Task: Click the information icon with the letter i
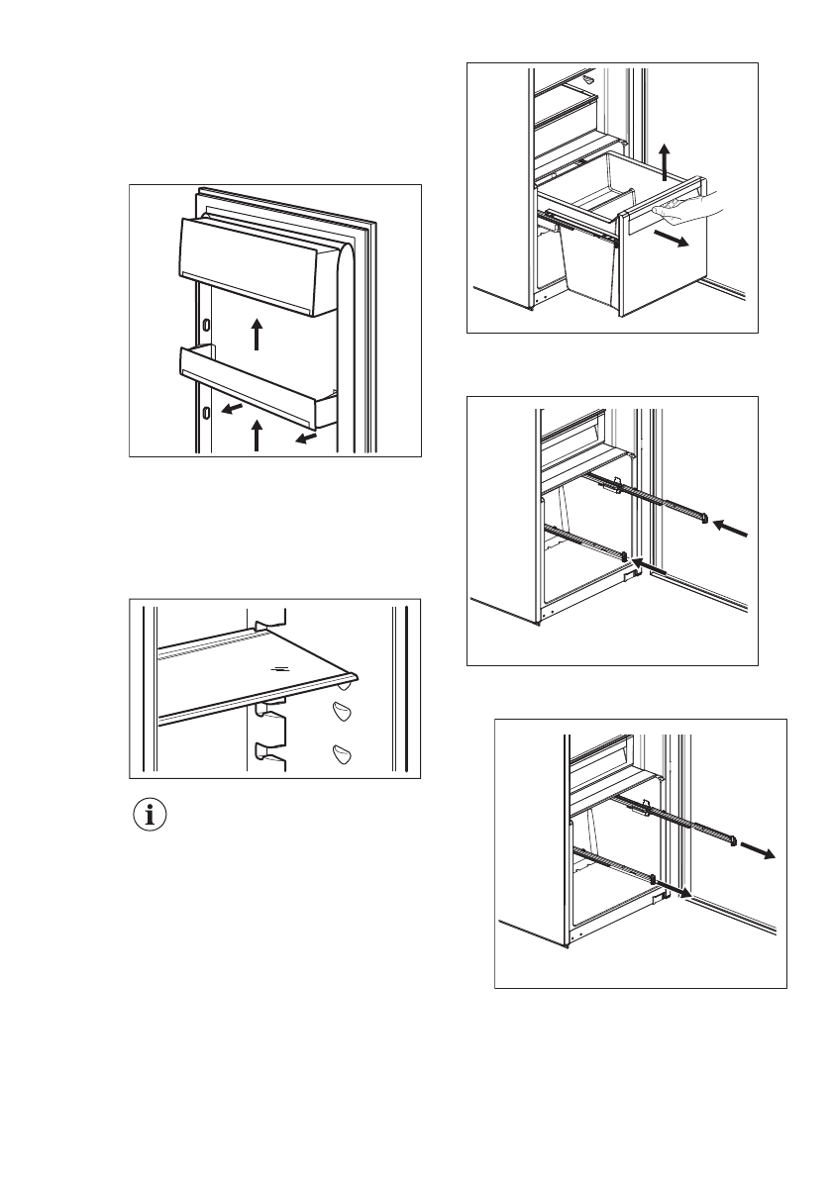pos(152,816)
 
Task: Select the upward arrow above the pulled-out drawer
pos(665,156)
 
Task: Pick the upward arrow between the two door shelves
pos(257,334)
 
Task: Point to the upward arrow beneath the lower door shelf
pos(257,435)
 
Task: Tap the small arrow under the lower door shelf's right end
pos(308,437)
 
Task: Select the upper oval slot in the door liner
pos(205,326)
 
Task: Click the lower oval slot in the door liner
pos(205,412)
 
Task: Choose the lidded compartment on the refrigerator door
pos(254,264)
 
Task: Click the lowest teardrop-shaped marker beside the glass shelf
pos(344,755)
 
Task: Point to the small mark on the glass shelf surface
pos(282,668)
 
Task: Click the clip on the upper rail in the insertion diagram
pos(616,484)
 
